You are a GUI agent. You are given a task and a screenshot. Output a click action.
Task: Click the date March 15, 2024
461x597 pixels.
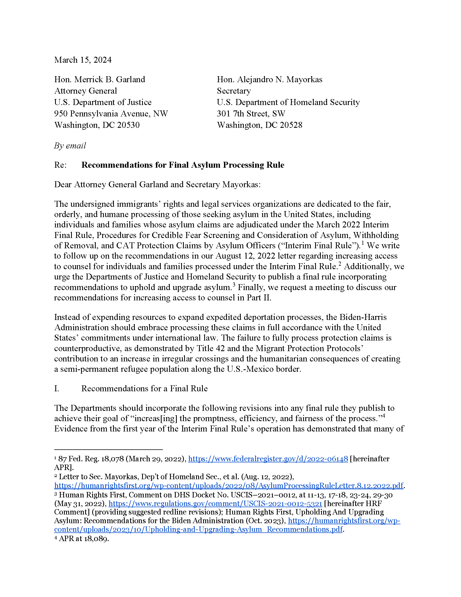[x=83, y=60]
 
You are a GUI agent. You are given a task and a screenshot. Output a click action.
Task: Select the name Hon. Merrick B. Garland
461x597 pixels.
[x=100, y=80]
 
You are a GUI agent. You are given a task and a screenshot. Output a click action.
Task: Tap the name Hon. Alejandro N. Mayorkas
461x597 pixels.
[x=270, y=80]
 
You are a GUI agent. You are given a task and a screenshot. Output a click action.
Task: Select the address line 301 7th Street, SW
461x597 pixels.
[x=251, y=114]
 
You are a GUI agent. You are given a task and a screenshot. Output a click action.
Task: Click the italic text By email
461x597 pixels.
[x=70, y=146]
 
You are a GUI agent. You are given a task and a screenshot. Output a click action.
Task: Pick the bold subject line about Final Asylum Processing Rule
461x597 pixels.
[x=183, y=165]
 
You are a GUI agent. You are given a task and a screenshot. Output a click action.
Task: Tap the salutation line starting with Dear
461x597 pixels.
[x=157, y=185]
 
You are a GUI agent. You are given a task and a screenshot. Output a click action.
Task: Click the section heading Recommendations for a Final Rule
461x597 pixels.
[x=144, y=389]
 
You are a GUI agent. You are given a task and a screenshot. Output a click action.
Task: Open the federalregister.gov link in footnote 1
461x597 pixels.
[x=268, y=459]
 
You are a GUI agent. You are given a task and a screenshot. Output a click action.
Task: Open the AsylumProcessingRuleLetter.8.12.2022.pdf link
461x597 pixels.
[x=229, y=486]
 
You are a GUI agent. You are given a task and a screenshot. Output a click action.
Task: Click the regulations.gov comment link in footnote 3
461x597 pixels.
[x=215, y=503]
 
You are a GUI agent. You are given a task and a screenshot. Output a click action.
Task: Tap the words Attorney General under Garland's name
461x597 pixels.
[x=85, y=91]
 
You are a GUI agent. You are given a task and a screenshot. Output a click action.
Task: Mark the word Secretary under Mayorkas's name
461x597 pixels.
[x=234, y=91]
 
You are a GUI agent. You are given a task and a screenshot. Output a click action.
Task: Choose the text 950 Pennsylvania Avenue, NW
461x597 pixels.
[x=111, y=114]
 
